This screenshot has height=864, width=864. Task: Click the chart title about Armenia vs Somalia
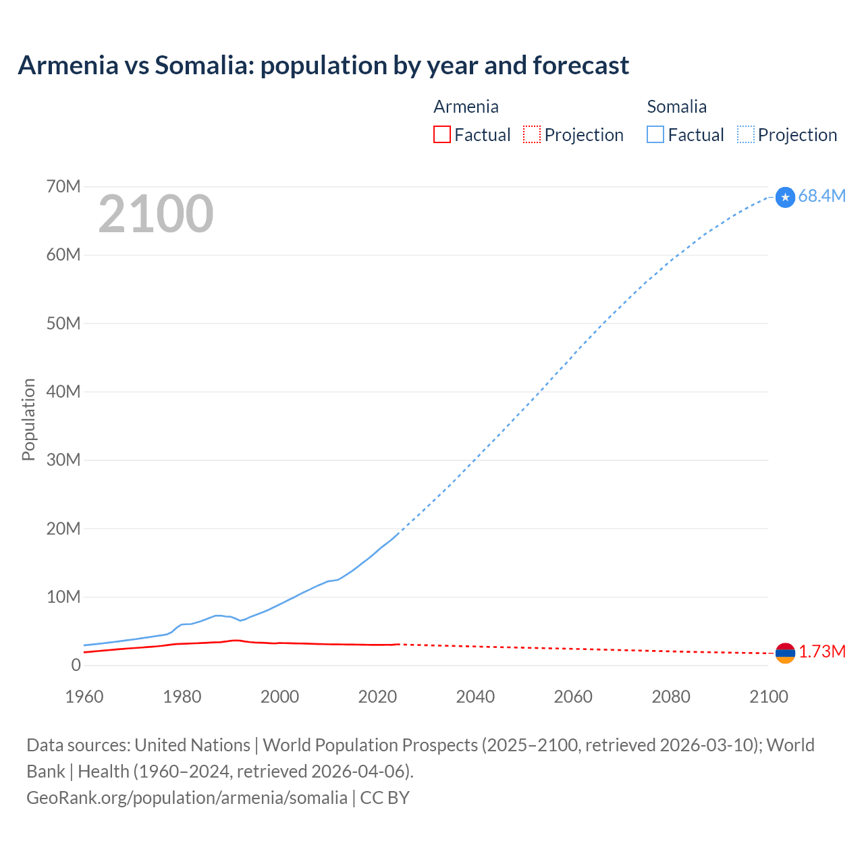point(323,65)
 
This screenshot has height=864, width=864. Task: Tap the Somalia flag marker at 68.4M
point(785,197)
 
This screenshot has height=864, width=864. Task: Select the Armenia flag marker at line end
point(785,653)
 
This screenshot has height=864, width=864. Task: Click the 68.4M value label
point(821,196)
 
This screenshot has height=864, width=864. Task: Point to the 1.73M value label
point(822,651)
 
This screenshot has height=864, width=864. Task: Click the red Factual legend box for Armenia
point(441,134)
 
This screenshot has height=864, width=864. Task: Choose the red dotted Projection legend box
point(532,134)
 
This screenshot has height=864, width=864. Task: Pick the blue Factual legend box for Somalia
point(655,134)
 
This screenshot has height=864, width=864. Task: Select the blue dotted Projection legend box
point(745,134)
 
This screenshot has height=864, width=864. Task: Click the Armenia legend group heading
point(466,107)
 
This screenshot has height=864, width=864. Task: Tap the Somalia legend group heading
point(676,107)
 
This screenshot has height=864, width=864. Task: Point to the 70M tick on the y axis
point(63,186)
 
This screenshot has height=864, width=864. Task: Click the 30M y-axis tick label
point(63,460)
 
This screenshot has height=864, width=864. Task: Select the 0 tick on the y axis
point(76,665)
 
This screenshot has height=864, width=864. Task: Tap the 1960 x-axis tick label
point(84,697)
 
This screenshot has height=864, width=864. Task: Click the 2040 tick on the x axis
point(475,697)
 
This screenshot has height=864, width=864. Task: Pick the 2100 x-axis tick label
point(769,697)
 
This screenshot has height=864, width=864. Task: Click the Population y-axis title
point(28,419)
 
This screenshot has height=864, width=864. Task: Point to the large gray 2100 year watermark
point(156,214)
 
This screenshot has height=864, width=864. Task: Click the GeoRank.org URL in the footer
point(187,797)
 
